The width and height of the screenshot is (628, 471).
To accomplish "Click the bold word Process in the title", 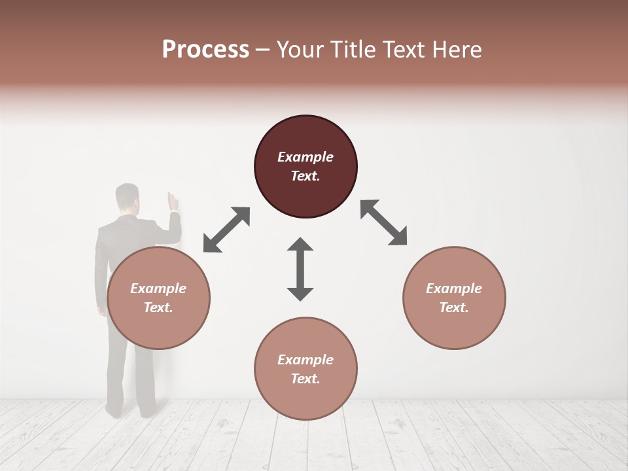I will (x=205, y=50).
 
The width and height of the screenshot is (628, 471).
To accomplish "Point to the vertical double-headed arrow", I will (x=300, y=269).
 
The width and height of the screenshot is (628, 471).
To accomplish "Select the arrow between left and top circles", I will (x=226, y=230).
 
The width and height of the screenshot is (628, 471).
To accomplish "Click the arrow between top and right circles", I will (x=383, y=222).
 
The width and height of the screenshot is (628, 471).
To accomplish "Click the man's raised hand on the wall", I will (x=173, y=201).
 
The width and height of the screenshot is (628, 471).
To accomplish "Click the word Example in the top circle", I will (x=305, y=157).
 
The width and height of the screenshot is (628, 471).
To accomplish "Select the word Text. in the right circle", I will (x=454, y=307).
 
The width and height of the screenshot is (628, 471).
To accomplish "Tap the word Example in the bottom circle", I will (x=305, y=360).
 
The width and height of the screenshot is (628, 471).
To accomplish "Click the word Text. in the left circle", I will (x=158, y=307).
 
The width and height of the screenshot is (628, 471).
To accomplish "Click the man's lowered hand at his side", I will (x=102, y=311).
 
